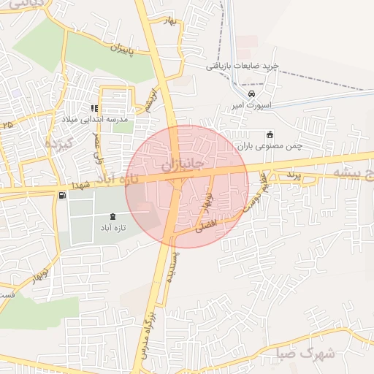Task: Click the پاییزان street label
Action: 124,50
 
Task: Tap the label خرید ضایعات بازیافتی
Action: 242,66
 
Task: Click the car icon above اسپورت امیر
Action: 252,94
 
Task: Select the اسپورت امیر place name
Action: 251,106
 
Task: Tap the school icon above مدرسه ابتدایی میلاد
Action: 95,108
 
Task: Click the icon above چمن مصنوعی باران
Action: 270,135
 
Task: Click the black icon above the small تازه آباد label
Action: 112,216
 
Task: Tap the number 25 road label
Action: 8,126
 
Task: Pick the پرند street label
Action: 293,175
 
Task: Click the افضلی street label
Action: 207,227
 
